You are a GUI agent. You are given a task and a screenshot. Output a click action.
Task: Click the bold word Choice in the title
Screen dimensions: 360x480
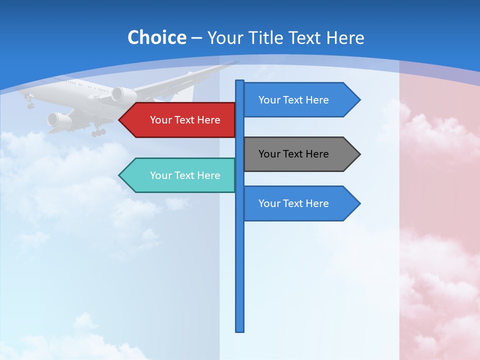pos(156,37)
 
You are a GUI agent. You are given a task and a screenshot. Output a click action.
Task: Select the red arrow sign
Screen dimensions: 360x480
pos(180,120)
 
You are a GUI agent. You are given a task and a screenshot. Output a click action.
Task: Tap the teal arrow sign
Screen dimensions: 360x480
pos(180,175)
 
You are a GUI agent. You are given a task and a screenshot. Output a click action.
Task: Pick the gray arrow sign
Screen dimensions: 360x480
pos(298,154)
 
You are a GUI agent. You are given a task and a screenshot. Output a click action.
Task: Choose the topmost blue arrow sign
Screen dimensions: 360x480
pos(298,100)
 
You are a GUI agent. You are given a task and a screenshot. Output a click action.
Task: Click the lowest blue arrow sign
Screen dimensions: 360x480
pos(298,203)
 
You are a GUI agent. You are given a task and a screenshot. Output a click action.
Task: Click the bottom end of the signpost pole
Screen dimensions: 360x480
pos(240,330)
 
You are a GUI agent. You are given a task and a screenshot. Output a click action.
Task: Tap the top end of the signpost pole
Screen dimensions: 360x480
pos(240,81)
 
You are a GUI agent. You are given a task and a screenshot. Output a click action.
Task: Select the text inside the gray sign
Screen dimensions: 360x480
pos(293,154)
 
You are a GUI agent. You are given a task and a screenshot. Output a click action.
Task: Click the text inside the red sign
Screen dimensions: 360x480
pos(185,120)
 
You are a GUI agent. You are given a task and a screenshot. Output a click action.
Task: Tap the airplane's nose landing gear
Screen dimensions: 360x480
pos(30,103)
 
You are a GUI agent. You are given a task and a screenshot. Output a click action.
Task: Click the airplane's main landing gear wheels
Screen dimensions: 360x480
pos(98,132)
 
